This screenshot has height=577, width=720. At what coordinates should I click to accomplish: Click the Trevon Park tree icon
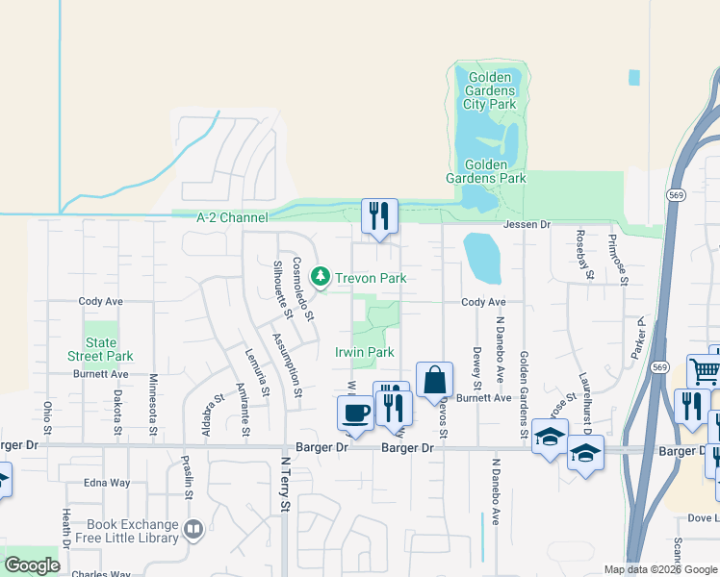coord(321,278)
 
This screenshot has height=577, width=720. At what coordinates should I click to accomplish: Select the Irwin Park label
coord(365,353)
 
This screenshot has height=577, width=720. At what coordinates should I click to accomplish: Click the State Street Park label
coord(100,349)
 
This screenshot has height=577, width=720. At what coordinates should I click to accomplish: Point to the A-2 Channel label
coord(232,218)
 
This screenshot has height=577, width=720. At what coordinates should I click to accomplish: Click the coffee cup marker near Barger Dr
coord(354,414)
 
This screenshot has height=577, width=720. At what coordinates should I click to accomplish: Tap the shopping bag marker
coord(434,379)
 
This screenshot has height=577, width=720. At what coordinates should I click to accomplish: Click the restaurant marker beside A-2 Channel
coord(379,215)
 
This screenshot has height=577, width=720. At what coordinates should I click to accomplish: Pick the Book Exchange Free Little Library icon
coord(193,530)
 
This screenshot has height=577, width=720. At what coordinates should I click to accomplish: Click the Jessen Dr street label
coord(527,224)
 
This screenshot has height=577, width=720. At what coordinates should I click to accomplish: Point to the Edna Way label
coord(108,484)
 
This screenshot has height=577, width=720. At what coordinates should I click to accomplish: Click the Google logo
coord(32,565)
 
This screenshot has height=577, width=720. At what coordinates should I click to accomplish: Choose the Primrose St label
coord(624,254)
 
